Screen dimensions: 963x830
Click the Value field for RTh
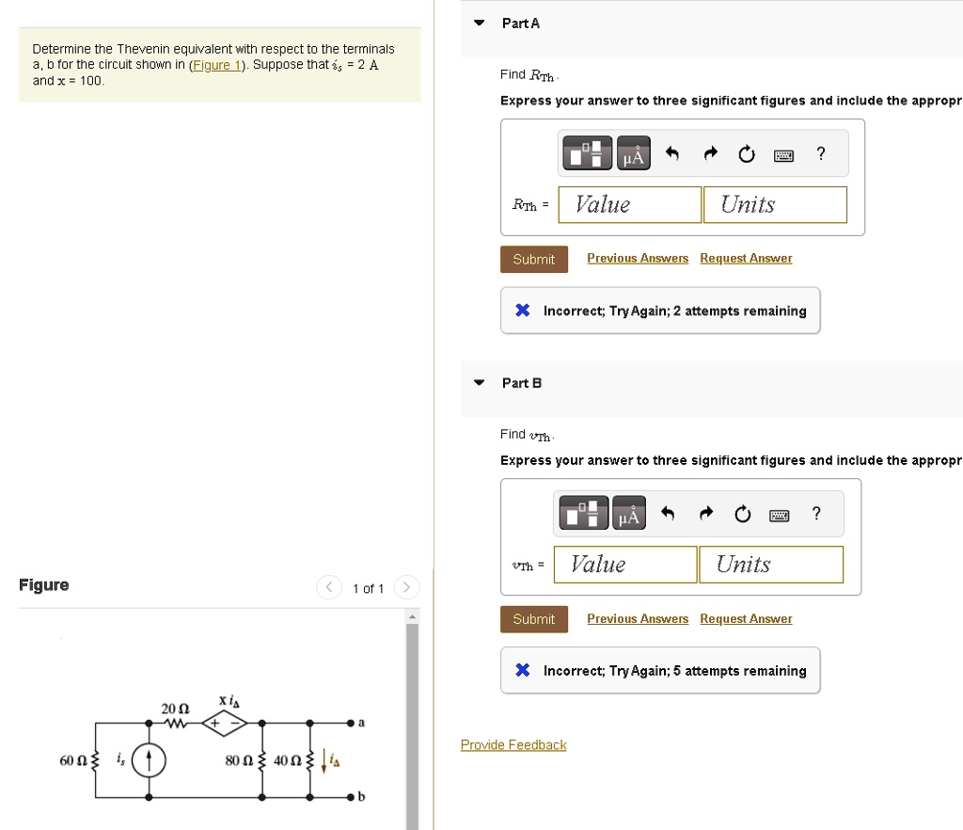[629, 204]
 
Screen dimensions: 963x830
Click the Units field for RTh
[775, 204]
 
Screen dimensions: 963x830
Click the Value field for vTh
[625, 565]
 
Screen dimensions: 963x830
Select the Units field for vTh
[771, 565]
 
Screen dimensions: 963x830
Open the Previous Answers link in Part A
[638, 258]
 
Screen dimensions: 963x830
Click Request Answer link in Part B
[746, 618]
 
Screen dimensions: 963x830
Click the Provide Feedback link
[513, 744]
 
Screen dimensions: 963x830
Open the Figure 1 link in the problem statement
[217, 65]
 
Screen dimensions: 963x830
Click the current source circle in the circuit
[149, 760]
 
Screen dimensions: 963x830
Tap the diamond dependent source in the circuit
[224, 723]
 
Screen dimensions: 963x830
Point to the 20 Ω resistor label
[175, 709]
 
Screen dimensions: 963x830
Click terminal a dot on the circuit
[351, 723]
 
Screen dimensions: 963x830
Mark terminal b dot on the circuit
[351, 797]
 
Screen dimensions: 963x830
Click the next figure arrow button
[406, 587]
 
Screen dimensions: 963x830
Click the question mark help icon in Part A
[820, 153]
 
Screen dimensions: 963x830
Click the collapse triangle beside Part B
[479, 383]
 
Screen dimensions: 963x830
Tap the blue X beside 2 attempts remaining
[523, 311]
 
